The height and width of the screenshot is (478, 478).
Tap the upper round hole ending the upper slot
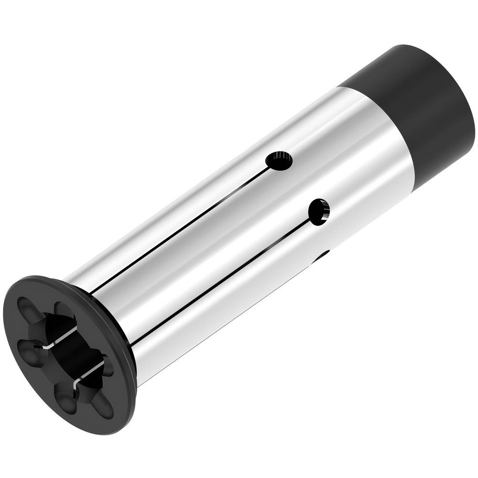(x=279, y=161)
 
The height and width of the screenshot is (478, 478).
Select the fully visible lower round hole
(x=319, y=212)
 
